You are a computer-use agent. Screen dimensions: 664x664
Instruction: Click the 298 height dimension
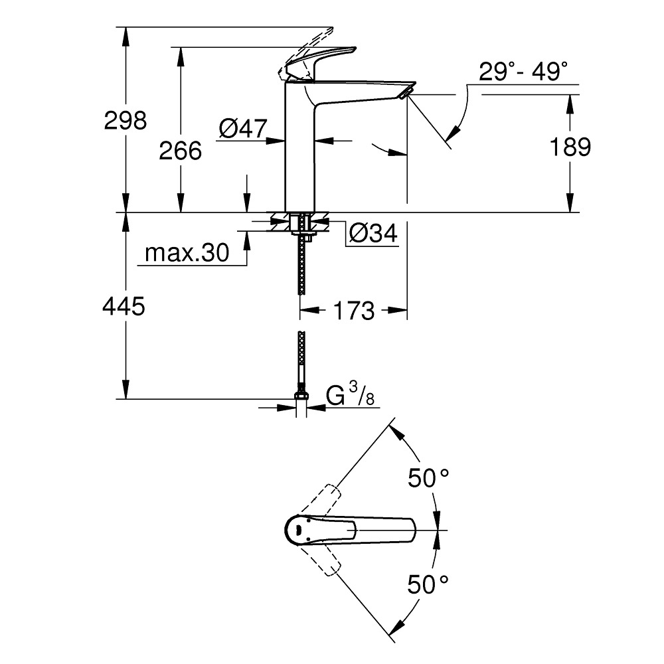click(125, 120)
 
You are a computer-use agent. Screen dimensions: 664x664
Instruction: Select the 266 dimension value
click(180, 151)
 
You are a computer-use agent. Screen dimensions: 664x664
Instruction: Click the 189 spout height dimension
click(570, 147)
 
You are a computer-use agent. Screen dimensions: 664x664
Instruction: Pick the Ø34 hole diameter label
click(372, 233)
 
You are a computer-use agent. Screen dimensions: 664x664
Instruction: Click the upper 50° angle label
click(428, 478)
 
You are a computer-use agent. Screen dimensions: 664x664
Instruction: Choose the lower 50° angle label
click(428, 584)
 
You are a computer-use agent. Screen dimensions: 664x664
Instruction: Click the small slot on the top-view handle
click(300, 530)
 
